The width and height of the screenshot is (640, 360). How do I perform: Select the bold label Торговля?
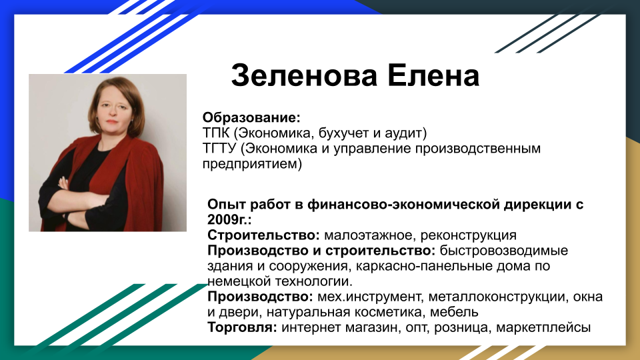click(x=243, y=327)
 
